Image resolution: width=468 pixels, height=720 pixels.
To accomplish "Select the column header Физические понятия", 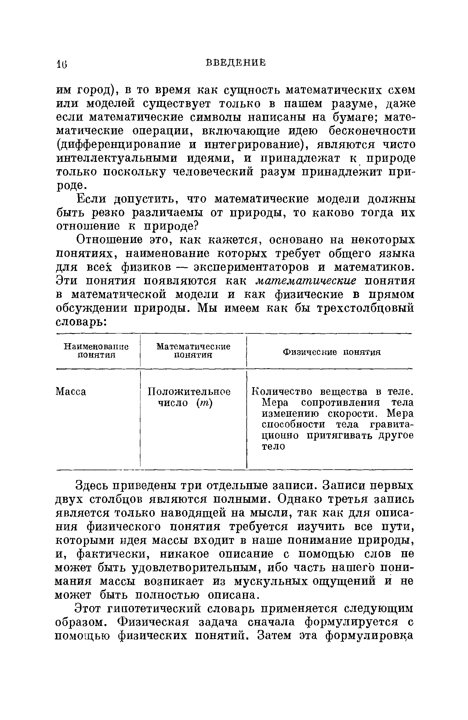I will click(x=332, y=352).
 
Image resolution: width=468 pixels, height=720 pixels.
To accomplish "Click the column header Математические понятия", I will click(x=193, y=351).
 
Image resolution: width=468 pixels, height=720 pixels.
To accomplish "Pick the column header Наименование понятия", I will click(x=96, y=351).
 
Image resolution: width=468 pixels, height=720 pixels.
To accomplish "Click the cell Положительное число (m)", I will click(x=189, y=397).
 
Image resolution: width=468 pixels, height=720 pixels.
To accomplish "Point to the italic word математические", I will click(x=306, y=281).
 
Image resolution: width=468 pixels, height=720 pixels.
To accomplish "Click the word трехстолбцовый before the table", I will click(x=366, y=308).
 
